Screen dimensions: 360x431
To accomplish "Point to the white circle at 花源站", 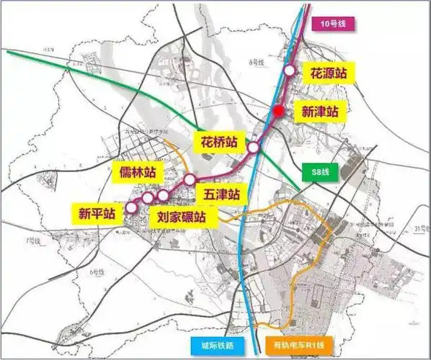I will click(x=289, y=71).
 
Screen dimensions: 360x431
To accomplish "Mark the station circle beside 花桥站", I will click(x=254, y=147).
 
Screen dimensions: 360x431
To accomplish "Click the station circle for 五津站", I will click(x=189, y=179).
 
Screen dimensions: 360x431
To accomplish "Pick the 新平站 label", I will click(x=97, y=213).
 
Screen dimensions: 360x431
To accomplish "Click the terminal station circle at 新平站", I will click(x=131, y=207).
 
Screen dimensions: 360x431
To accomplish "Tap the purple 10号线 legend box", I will click(x=334, y=24).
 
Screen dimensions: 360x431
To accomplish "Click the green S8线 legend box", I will click(x=316, y=174).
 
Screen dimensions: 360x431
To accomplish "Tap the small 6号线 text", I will click(x=97, y=272).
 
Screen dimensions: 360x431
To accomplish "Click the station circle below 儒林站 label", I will click(x=148, y=197).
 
